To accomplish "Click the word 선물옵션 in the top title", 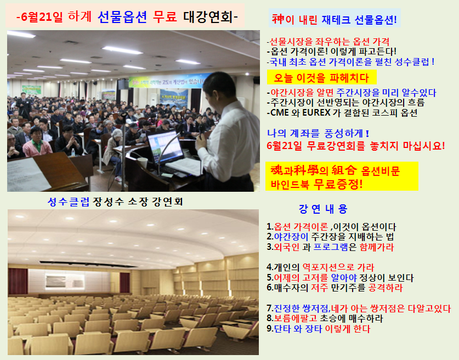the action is (x=122, y=16).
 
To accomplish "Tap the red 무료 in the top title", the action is (x=165, y=16).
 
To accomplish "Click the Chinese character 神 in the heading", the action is (x=278, y=19).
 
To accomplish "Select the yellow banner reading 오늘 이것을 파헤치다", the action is (x=321, y=77).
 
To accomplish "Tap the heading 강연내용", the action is (x=323, y=209).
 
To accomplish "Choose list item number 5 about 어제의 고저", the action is (x=340, y=277).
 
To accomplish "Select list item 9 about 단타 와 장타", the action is (x=318, y=329).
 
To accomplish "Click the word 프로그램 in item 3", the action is (x=331, y=247).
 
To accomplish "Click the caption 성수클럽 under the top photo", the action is (x=69, y=202).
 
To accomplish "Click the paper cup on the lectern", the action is (x=143, y=163).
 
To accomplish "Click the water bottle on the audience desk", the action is (x=73, y=152).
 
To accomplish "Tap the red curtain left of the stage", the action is (x=18, y=281).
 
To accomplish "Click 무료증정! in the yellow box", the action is (x=338, y=184).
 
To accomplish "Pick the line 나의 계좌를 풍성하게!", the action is (x=318, y=133).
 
